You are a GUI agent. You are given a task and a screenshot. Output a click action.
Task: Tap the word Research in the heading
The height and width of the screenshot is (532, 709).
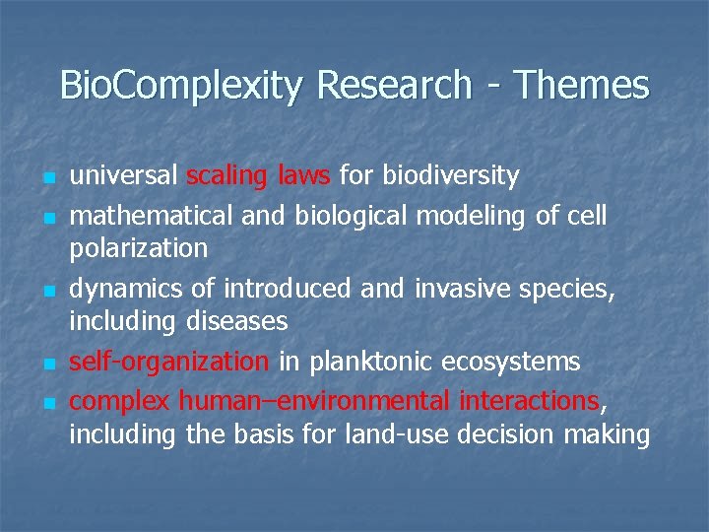click(x=394, y=86)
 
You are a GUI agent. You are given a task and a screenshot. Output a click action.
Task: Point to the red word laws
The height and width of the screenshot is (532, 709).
click(x=304, y=176)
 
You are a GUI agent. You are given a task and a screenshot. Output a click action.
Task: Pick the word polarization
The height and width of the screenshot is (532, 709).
click(x=138, y=248)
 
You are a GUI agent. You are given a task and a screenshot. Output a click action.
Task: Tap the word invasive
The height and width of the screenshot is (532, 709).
click(x=461, y=288)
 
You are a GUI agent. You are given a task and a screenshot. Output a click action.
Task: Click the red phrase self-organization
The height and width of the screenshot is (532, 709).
click(x=168, y=362)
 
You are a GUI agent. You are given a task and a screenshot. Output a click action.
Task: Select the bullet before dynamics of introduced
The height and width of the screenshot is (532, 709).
click(x=46, y=292)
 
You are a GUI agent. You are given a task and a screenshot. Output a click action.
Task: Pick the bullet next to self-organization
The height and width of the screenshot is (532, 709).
click(x=46, y=365)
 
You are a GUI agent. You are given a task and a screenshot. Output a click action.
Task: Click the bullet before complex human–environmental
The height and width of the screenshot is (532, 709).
click(x=46, y=402)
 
